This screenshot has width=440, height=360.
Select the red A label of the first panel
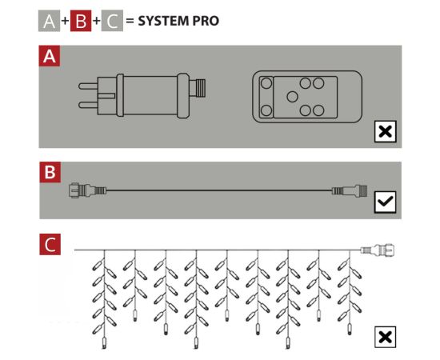50,57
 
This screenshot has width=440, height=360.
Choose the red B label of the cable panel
50,172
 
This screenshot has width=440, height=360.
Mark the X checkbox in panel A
385,132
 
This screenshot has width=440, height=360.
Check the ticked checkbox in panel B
385,202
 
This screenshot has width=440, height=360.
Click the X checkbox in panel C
385,337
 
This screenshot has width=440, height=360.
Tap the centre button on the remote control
292,97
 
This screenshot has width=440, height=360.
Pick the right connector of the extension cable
349,190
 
